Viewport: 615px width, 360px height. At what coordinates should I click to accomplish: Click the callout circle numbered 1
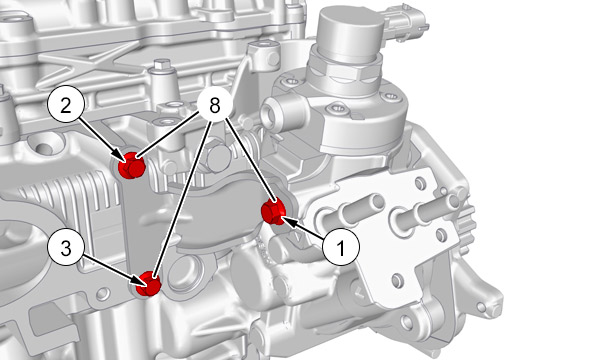(341, 247)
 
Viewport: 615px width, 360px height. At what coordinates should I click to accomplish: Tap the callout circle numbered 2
(66, 105)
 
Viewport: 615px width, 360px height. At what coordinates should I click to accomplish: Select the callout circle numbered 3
(66, 248)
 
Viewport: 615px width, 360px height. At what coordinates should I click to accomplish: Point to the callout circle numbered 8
(214, 105)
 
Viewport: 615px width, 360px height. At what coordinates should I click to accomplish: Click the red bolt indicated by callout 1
(274, 212)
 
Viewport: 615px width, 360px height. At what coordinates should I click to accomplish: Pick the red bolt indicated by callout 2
(132, 165)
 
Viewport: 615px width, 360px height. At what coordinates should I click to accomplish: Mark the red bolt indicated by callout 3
(148, 284)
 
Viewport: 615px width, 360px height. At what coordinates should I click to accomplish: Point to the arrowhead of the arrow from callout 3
(140, 280)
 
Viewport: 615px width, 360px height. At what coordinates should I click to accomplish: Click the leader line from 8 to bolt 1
(251, 163)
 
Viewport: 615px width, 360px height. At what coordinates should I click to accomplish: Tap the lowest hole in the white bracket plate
(397, 279)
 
